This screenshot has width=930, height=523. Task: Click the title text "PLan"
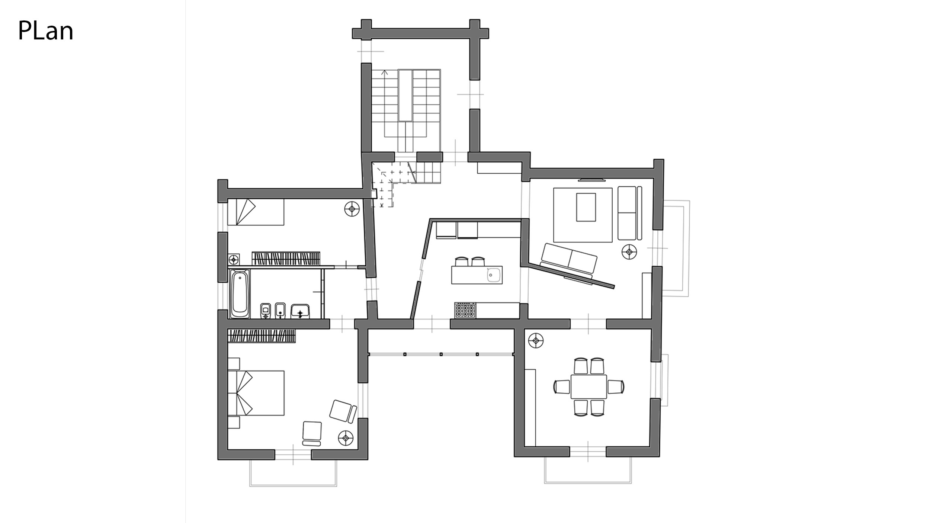point(45,31)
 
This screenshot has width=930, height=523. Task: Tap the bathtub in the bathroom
point(240,294)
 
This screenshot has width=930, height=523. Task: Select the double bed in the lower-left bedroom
point(256,392)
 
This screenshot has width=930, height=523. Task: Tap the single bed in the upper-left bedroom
point(256,212)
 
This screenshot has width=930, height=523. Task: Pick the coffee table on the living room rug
point(586,207)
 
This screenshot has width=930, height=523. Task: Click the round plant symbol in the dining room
point(536,340)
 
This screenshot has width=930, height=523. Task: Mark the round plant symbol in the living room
point(629,252)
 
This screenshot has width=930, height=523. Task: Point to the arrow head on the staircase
point(385,72)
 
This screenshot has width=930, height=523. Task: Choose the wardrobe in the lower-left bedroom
point(262,336)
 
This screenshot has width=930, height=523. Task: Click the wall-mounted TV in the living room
point(592,180)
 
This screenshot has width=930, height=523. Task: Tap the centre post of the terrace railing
point(441,354)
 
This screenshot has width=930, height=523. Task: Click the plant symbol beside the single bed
point(352,209)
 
